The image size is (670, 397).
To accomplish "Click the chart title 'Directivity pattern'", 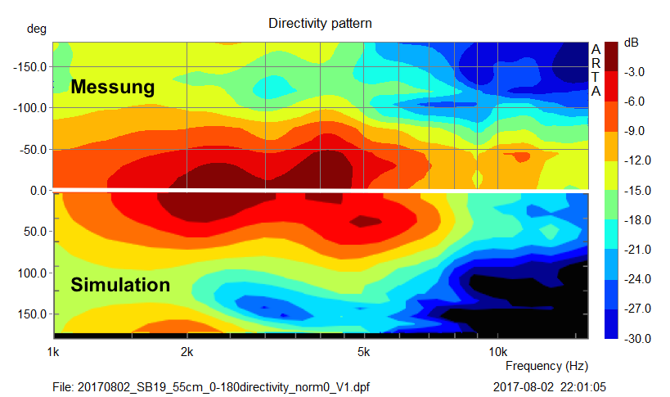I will click(x=320, y=24).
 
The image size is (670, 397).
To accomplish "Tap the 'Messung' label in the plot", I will click(x=112, y=87).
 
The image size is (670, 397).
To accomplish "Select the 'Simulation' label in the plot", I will click(x=120, y=285).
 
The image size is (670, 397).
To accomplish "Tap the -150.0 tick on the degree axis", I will click(x=32, y=66).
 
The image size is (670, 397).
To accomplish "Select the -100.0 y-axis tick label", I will click(x=32, y=108).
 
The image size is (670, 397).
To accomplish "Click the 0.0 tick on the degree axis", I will click(x=38, y=191).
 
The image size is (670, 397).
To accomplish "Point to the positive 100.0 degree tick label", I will click(x=34, y=272).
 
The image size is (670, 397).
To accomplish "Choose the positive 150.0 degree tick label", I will click(x=34, y=314).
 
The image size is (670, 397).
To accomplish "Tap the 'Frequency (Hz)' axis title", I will click(x=546, y=366).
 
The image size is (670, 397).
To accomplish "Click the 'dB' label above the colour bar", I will click(x=631, y=42).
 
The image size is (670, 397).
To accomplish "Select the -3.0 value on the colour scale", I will click(x=636, y=72).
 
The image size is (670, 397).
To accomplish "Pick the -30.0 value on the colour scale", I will click(x=634, y=338).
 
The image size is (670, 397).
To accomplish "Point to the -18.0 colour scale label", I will click(x=634, y=220).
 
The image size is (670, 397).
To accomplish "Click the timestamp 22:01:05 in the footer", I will click(x=593, y=386).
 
